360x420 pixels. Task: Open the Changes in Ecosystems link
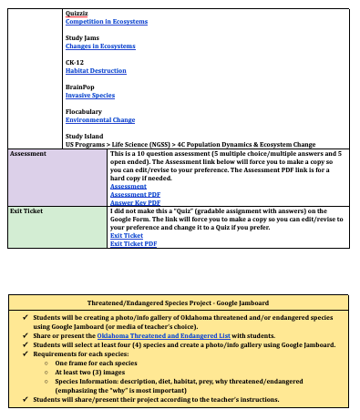coord(100,46)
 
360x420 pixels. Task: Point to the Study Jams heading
coord(82,37)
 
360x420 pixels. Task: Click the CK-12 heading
coord(75,62)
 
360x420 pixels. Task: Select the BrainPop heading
coord(80,87)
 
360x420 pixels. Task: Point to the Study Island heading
coord(84,136)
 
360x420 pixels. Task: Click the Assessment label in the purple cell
coord(28,154)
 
